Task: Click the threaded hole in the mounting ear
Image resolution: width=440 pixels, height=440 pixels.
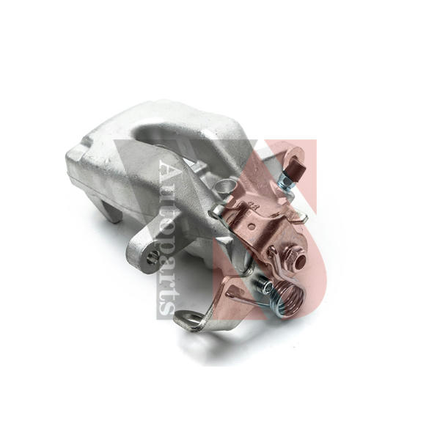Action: click(153, 257)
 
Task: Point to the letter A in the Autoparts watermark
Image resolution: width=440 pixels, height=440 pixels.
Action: click(167, 171)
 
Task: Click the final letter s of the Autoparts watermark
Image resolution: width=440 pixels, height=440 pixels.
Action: click(166, 309)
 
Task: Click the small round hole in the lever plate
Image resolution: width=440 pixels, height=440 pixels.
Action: click(252, 225)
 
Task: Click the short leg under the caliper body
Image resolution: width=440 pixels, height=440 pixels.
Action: click(112, 210)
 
